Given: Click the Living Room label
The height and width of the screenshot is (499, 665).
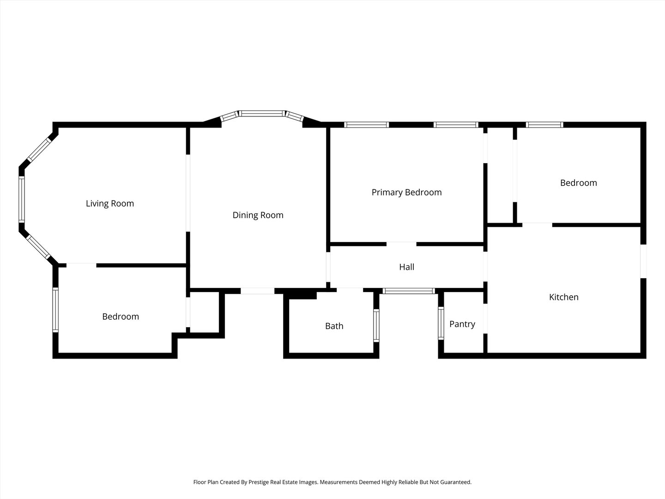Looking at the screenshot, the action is (x=109, y=203).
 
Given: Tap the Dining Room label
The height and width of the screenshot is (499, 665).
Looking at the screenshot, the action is (x=258, y=215).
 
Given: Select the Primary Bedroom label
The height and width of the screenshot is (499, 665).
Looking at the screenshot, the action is (x=406, y=192).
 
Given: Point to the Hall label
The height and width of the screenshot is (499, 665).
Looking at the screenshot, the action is (x=406, y=267).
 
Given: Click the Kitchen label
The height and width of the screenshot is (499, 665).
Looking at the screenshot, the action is (x=563, y=297).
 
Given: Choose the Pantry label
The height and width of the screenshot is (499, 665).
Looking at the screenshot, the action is (x=462, y=324).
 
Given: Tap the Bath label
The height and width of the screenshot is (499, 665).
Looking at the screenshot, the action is (x=334, y=326).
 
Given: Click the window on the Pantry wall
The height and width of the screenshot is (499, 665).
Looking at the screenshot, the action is (x=441, y=323).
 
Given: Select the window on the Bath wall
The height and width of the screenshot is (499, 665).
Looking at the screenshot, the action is (x=376, y=325).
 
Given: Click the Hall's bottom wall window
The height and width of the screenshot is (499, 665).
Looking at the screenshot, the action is (x=409, y=291).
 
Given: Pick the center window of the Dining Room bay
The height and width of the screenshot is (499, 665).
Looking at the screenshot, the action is (x=262, y=114).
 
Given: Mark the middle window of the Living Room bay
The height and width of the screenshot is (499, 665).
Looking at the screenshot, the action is (x=22, y=199).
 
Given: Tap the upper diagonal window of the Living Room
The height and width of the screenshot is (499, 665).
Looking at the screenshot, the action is (x=39, y=150).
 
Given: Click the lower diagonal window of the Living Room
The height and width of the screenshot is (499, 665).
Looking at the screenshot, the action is (x=38, y=247).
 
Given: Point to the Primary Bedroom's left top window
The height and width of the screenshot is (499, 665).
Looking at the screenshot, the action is (x=366, y=125).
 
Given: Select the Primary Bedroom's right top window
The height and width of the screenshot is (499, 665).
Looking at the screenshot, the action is (x=456, y=125).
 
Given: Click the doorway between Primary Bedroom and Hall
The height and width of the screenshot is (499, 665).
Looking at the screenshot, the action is (x=401, y=244).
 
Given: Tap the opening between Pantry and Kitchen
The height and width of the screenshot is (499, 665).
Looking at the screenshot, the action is (x=485, y=318).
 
